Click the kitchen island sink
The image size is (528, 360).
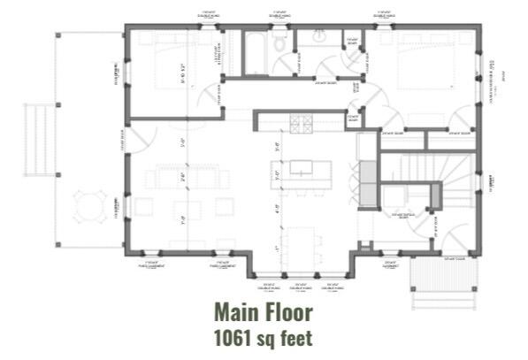tap(302, 167)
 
